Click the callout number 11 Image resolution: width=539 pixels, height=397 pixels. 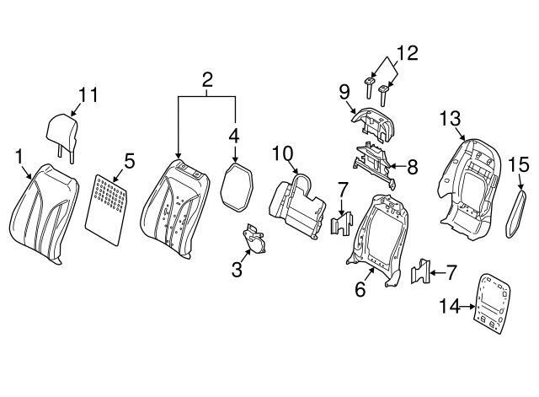click(x=88, y=94)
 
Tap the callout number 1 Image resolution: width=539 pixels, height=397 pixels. click(x=19, y=157)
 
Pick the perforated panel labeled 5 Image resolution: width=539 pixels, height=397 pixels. click(x=107, y=209)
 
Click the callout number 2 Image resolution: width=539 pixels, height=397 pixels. click(x=207, y=80)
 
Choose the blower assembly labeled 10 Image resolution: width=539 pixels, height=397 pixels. click(x=297, y=207)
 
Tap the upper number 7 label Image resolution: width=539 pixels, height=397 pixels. click(x=343, y=190)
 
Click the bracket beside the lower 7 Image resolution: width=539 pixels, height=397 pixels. click(x=421, y=271)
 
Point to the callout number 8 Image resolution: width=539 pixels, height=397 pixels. click(x=412, y=167)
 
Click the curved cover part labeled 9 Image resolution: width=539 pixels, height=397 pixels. click(x=372, y=125)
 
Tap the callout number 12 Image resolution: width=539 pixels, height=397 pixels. click(x=408, y=54)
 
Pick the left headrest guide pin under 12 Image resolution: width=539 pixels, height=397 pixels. click(x=369, y=88)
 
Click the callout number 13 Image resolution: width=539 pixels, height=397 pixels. click(x=451, y=119)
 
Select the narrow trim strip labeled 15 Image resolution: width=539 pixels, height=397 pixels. click(x=515, y=213)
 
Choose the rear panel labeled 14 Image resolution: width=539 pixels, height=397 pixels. click(x=492, y=303)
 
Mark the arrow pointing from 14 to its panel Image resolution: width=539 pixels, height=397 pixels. click(x=468, y=306)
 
